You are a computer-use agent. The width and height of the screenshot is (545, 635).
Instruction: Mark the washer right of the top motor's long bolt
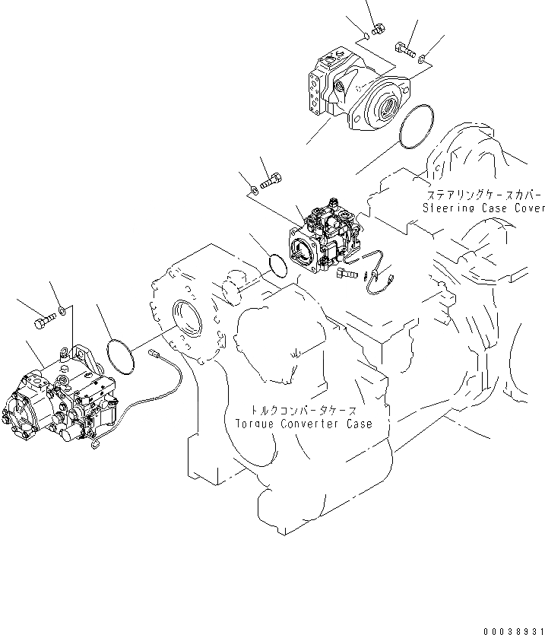(x=423, y=55)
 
